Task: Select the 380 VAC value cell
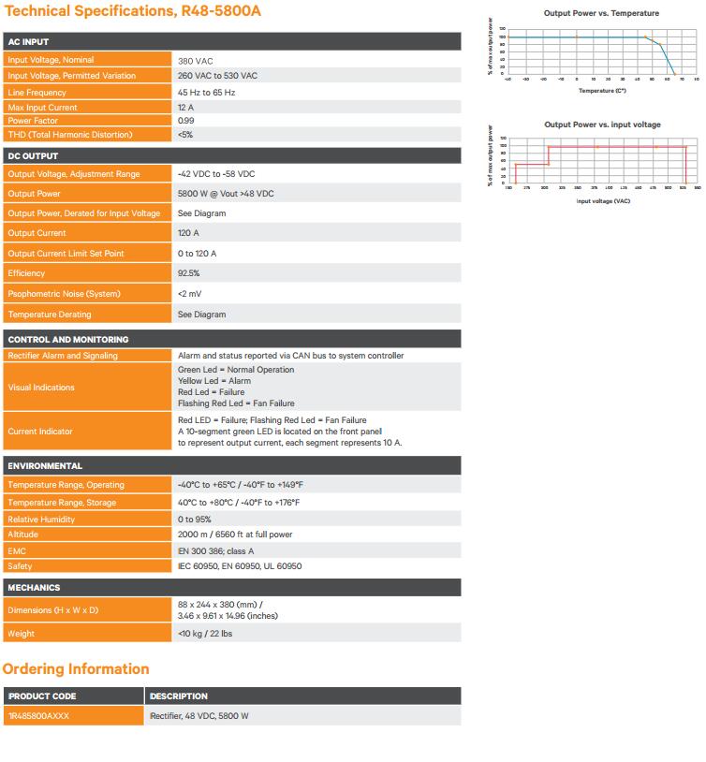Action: coord(196,60)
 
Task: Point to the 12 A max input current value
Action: coord(186,108)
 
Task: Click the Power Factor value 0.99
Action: coord(186,121)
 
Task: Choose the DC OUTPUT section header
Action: coord(33,156)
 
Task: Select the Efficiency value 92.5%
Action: coord(188,273)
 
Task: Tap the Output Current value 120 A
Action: coord(188,233)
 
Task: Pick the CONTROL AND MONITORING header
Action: coord(68,340)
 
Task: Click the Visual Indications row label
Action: coord(41,388)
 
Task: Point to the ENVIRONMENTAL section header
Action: coord(45,466)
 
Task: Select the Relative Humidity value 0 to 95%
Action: coord(195,520)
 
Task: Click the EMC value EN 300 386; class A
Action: coord(215,551)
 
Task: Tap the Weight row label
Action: coord(21,634)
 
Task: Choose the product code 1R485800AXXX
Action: coord(38,716)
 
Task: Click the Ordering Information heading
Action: coord(76,669)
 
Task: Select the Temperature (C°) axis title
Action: coord(601,91)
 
